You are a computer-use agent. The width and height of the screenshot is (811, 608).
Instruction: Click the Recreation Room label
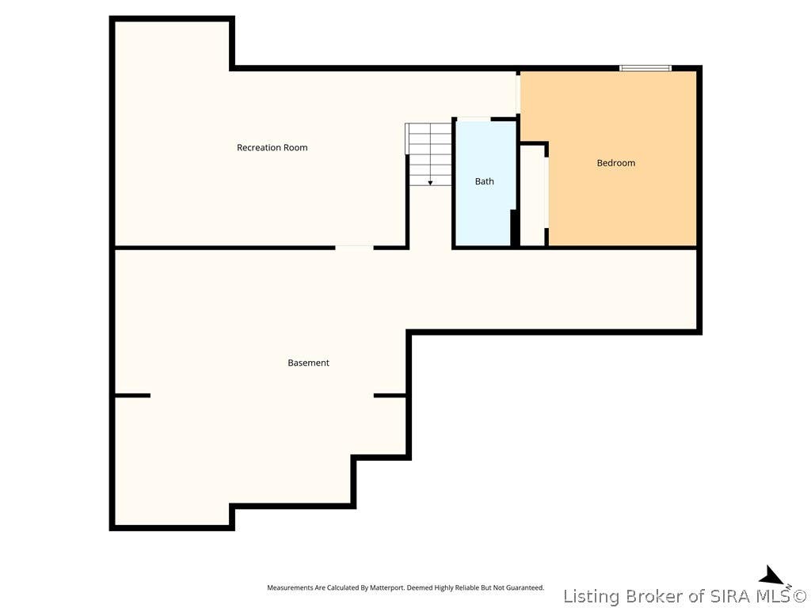272,147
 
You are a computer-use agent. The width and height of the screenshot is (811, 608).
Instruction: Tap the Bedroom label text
615,163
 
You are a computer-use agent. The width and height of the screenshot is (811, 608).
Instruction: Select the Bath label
484,181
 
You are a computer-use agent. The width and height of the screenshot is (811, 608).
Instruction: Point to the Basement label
308,363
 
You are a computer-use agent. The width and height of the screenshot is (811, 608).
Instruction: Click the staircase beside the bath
428,154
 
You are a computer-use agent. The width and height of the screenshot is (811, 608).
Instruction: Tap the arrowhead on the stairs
430,183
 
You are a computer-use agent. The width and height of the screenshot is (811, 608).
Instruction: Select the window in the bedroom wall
645,68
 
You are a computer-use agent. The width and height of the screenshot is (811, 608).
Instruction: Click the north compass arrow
774,576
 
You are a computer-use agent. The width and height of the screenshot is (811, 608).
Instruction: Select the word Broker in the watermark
655,596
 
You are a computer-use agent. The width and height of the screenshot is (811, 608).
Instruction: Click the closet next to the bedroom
532,195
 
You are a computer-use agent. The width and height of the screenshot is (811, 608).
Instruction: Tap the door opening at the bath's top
474,120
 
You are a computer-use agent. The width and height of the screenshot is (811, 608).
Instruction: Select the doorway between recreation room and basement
354,248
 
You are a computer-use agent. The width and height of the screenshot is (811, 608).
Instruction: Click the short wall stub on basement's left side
132,396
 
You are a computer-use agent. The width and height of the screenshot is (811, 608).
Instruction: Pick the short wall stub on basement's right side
390,396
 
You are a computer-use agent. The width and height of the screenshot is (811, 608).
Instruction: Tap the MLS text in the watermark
773,596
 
